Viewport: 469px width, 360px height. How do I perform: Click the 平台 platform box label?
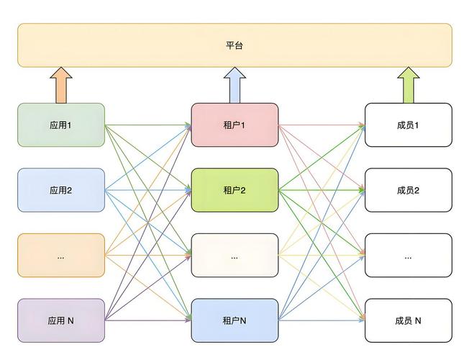point(234,45)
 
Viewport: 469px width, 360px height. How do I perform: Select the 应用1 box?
point(61,125)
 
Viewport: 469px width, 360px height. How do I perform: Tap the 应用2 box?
point(61,190)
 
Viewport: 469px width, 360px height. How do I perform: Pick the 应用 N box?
point(61,320)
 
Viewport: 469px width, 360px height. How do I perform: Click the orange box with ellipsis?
point(61,256)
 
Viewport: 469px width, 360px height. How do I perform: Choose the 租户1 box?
point(234,125)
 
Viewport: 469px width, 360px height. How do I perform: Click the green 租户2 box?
point(234,190)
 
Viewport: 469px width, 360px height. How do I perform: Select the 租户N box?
point(234,320)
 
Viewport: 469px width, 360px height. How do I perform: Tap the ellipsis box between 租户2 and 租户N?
point(234,256)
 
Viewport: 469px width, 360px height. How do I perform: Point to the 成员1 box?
point(408,125)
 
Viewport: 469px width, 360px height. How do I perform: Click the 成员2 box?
point(408,190)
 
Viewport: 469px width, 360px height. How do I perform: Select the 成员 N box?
point(408,320)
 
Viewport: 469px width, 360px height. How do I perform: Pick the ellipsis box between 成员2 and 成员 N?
point(408,256)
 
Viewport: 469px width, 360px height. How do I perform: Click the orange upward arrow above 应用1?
point(61,85)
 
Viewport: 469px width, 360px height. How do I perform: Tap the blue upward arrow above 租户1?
point(234,85)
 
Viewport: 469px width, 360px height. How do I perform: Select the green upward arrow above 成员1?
point(408,85)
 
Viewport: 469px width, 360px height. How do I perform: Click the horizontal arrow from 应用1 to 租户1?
point(147,125)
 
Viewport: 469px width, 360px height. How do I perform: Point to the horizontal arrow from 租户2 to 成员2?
point(321,190)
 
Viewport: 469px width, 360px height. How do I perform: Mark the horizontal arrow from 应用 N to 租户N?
point(147,320)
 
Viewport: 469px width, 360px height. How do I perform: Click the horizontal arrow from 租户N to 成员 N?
point(321,320)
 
